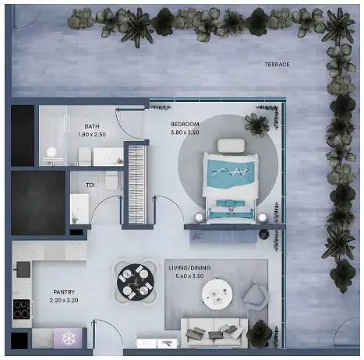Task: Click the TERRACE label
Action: click(x=277, y=64)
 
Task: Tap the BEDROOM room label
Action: click(x=185, y=124)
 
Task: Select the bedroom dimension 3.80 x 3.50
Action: click(x=185, y=132)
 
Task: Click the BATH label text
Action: click(x=92, y=126)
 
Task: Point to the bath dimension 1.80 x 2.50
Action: click(x=92, y=135)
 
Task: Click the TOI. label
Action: click(x=91, y=185)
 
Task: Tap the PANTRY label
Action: click(x=64, y=292)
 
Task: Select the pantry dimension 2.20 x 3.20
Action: click(x=64, y=300)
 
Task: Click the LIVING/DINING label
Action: click(x=189, y=268)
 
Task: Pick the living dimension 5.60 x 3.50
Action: click(x=189, y=276)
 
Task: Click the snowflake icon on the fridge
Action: click(x=69, y=338)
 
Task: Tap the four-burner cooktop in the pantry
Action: click(x=22, y=309)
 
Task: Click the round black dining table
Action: click(x=136, y=282)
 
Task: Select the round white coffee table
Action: click(x=217, y=294)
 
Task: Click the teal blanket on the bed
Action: click(x=231, y=173)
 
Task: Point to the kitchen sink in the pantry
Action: click(x=23, y=270)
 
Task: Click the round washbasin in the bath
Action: click(x=51, y=152)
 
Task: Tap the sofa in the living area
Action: click(x=214, y=333)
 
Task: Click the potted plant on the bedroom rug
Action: click(x=257, y=125)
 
